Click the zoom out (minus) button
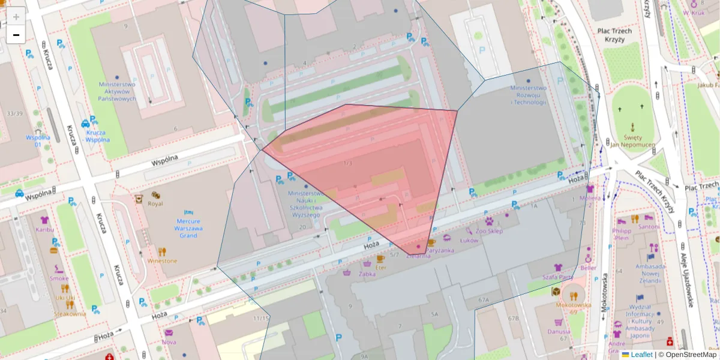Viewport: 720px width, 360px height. tap(16, 35)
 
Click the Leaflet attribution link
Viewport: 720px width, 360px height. tap(641, 355)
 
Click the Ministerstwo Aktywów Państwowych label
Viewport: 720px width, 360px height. tap(117, 92)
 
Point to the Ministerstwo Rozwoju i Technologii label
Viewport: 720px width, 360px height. tap(529, 95)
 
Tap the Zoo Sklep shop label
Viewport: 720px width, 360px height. tap(488, 230)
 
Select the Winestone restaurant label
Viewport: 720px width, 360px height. tap(162, 261)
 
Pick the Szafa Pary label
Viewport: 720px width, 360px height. tap(558, 277)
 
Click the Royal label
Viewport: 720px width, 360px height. tap(155, 203)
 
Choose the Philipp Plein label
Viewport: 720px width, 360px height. tap(622, 234)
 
